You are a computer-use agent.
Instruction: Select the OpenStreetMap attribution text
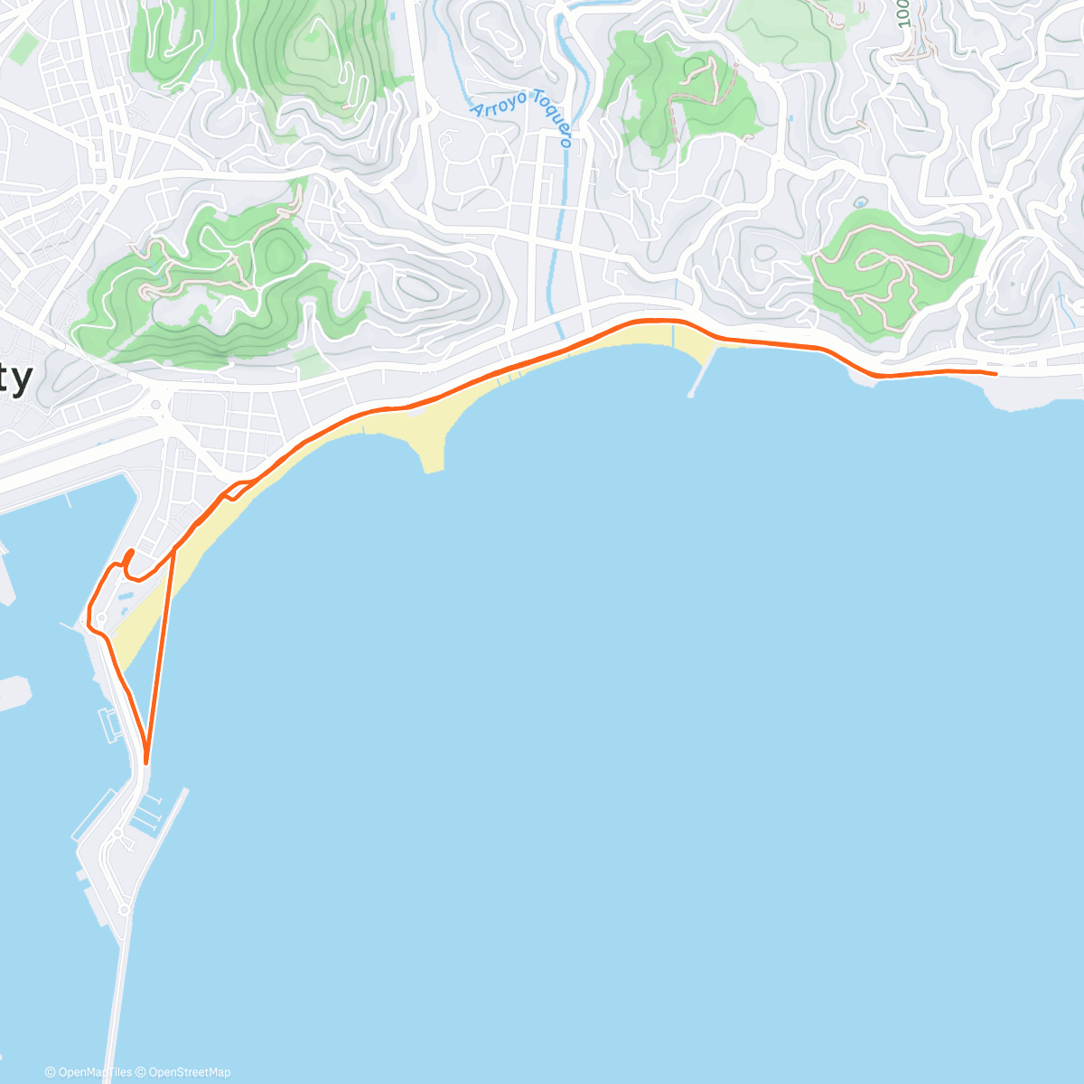coord(190,1072)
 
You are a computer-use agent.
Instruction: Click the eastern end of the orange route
coord(995,373)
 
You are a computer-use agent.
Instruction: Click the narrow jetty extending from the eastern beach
coord(703,371)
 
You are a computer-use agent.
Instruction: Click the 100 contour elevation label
coord(904,14)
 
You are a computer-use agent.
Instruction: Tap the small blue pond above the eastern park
coord(861,201)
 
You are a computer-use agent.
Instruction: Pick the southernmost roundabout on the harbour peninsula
coord(123,910)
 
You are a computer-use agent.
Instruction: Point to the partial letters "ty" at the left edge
coord(15,378)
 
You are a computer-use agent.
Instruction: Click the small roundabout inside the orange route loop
coord(101,618)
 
